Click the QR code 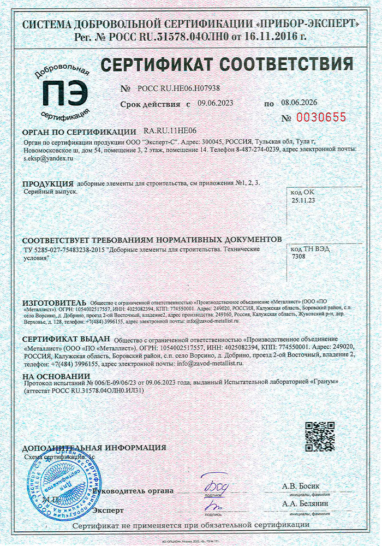coord(319,436)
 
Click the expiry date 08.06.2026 coord(299,103)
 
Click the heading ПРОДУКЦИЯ coord(47,183)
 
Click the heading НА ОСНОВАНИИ coord(56,376)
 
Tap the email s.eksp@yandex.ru coord(48,157)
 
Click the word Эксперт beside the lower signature coord(108,509)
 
